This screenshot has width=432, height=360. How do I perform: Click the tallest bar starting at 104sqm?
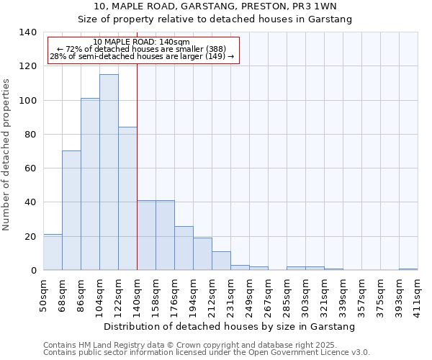[x=109, y=173]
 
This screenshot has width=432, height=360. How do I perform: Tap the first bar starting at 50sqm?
[x=53, y=252]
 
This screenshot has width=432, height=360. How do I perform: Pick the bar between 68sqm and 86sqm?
[x=71, y=210]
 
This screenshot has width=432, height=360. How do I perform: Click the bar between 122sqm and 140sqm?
[x=127, y=199]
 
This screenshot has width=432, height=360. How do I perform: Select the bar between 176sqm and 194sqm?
[x=184, y=248]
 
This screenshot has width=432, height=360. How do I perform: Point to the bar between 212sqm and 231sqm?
[x=221, y=261]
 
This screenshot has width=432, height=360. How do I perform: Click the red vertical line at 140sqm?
[x=137, y=180]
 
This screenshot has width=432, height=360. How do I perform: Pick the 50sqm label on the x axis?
[x=44, y=294]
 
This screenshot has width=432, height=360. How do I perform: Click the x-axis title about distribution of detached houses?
[x=230, y=327]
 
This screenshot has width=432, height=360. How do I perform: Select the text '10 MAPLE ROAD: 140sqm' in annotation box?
[x=142, y=42]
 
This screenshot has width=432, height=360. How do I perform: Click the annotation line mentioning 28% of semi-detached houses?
[x=142, y=56]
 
